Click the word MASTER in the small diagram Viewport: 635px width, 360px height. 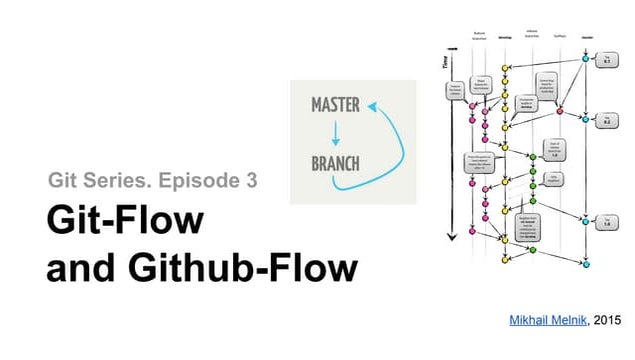(x=335, y=104)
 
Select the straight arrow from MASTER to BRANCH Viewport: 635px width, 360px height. (x=336, y=133)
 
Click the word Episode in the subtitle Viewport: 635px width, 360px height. (x=192, y=182)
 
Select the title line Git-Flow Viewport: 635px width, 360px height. (x=125, y=222)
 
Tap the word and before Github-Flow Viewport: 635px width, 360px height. (x=79, y=268)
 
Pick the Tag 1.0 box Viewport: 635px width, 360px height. (x=605, y=222)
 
